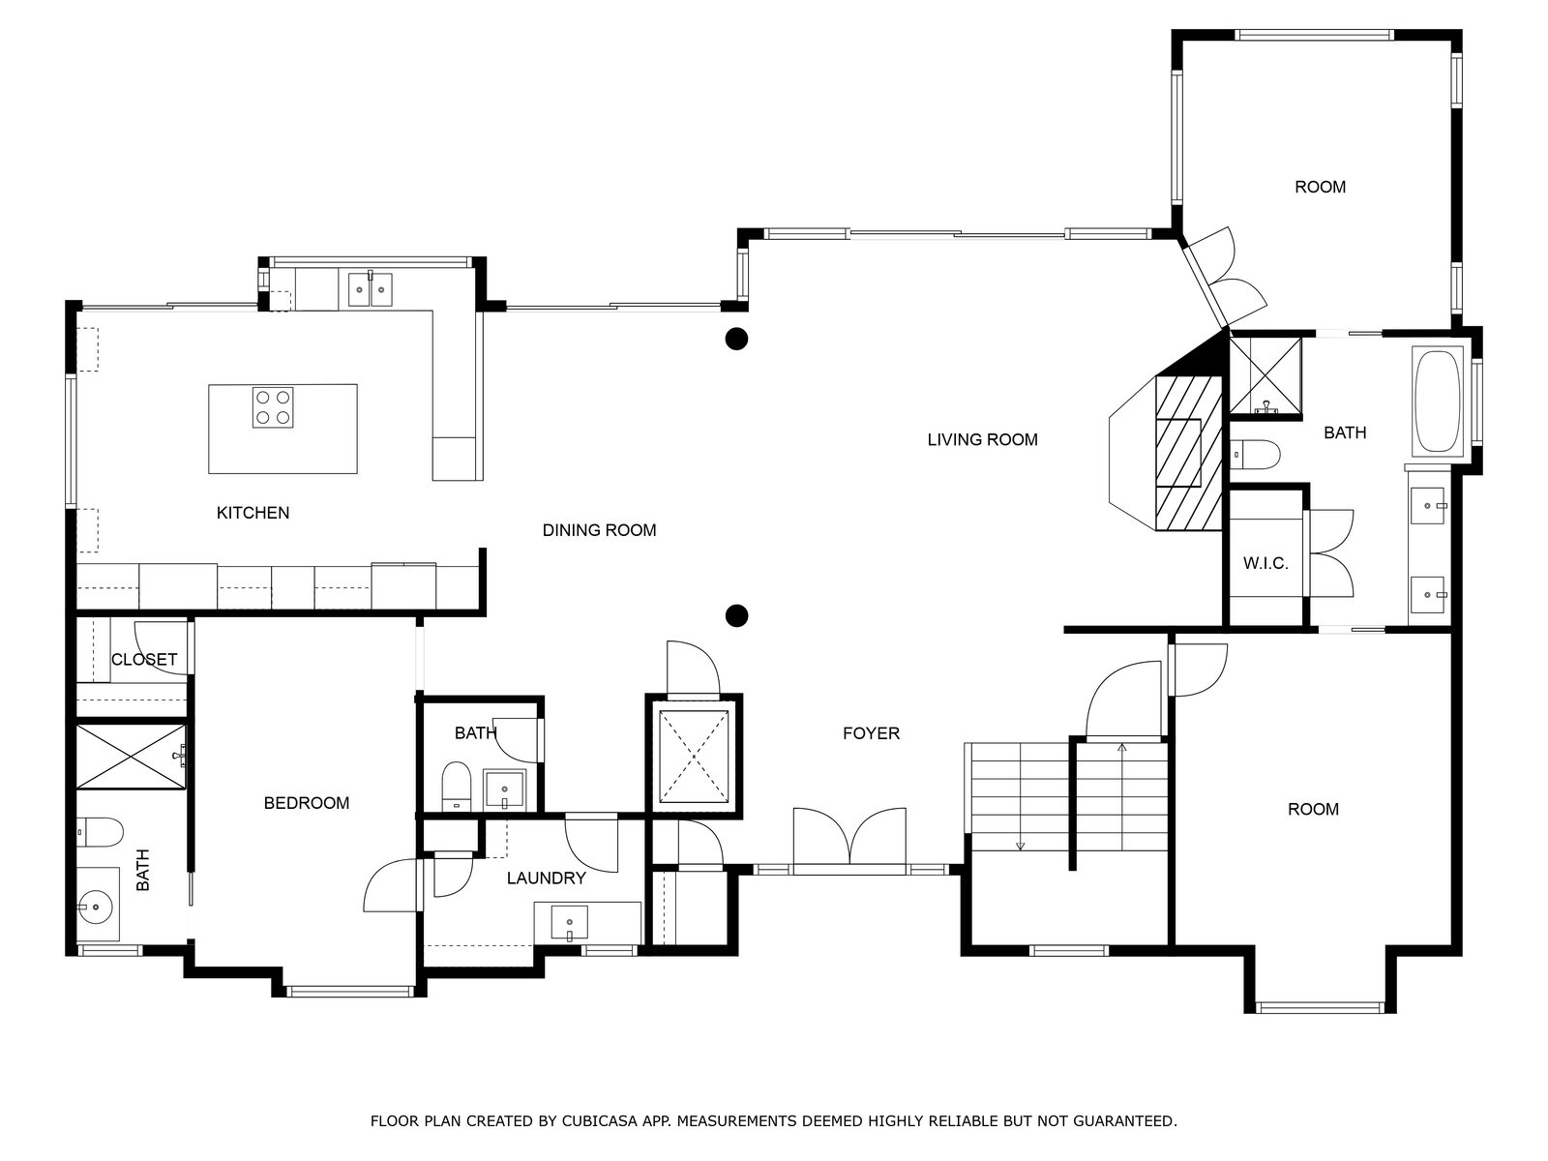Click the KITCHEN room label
coord(253,513)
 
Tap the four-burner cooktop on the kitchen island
coord(273,407)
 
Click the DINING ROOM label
coord(599,530)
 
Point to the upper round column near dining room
coord(736,339)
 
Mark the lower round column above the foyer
coord(736,614)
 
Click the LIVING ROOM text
coord(982,440)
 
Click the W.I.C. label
coord(1265,563)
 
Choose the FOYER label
coord(871,733)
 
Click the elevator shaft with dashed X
coord(693,756)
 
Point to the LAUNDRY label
coord(547,878)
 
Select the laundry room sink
coord(570,923)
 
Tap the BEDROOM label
coord(307,803)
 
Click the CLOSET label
coord(144,660)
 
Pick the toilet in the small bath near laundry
coord(456,785)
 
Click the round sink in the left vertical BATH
coord(96,907)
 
